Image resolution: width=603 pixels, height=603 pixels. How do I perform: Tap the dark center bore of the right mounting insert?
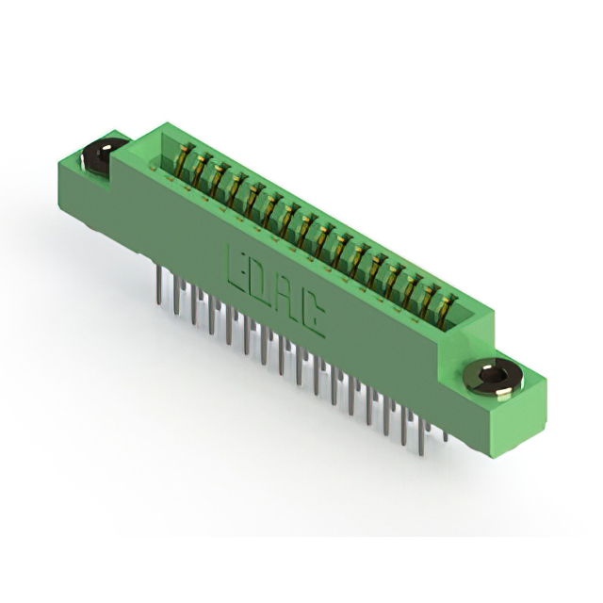click(487, 375)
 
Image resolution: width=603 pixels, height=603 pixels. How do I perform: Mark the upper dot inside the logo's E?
click(239, 256)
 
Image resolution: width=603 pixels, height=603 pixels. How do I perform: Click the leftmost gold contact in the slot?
click(183, 158)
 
